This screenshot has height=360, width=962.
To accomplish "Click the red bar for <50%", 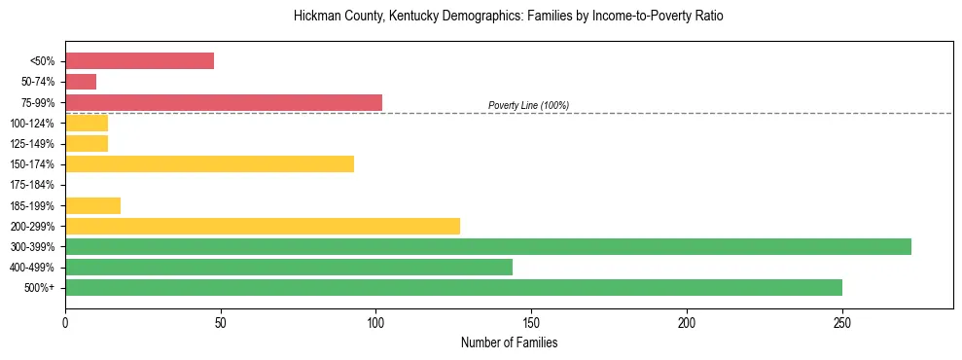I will click(x=139, y=61).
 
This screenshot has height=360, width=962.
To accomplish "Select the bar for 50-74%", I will click(x=81, y=82).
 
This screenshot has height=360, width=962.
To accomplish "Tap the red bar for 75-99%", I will click(x=224, y=102).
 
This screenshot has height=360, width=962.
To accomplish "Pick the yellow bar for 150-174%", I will click(x=209, y=163).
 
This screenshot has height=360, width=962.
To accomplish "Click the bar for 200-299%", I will click(x=263, y=226).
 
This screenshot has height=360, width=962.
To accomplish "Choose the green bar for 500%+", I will click(x=453, y=287).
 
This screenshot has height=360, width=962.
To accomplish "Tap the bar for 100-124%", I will click(x=87, y=123).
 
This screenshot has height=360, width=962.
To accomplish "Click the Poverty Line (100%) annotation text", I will click(x=528, y=105).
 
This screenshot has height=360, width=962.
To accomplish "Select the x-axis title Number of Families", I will click(x=509, y=342).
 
